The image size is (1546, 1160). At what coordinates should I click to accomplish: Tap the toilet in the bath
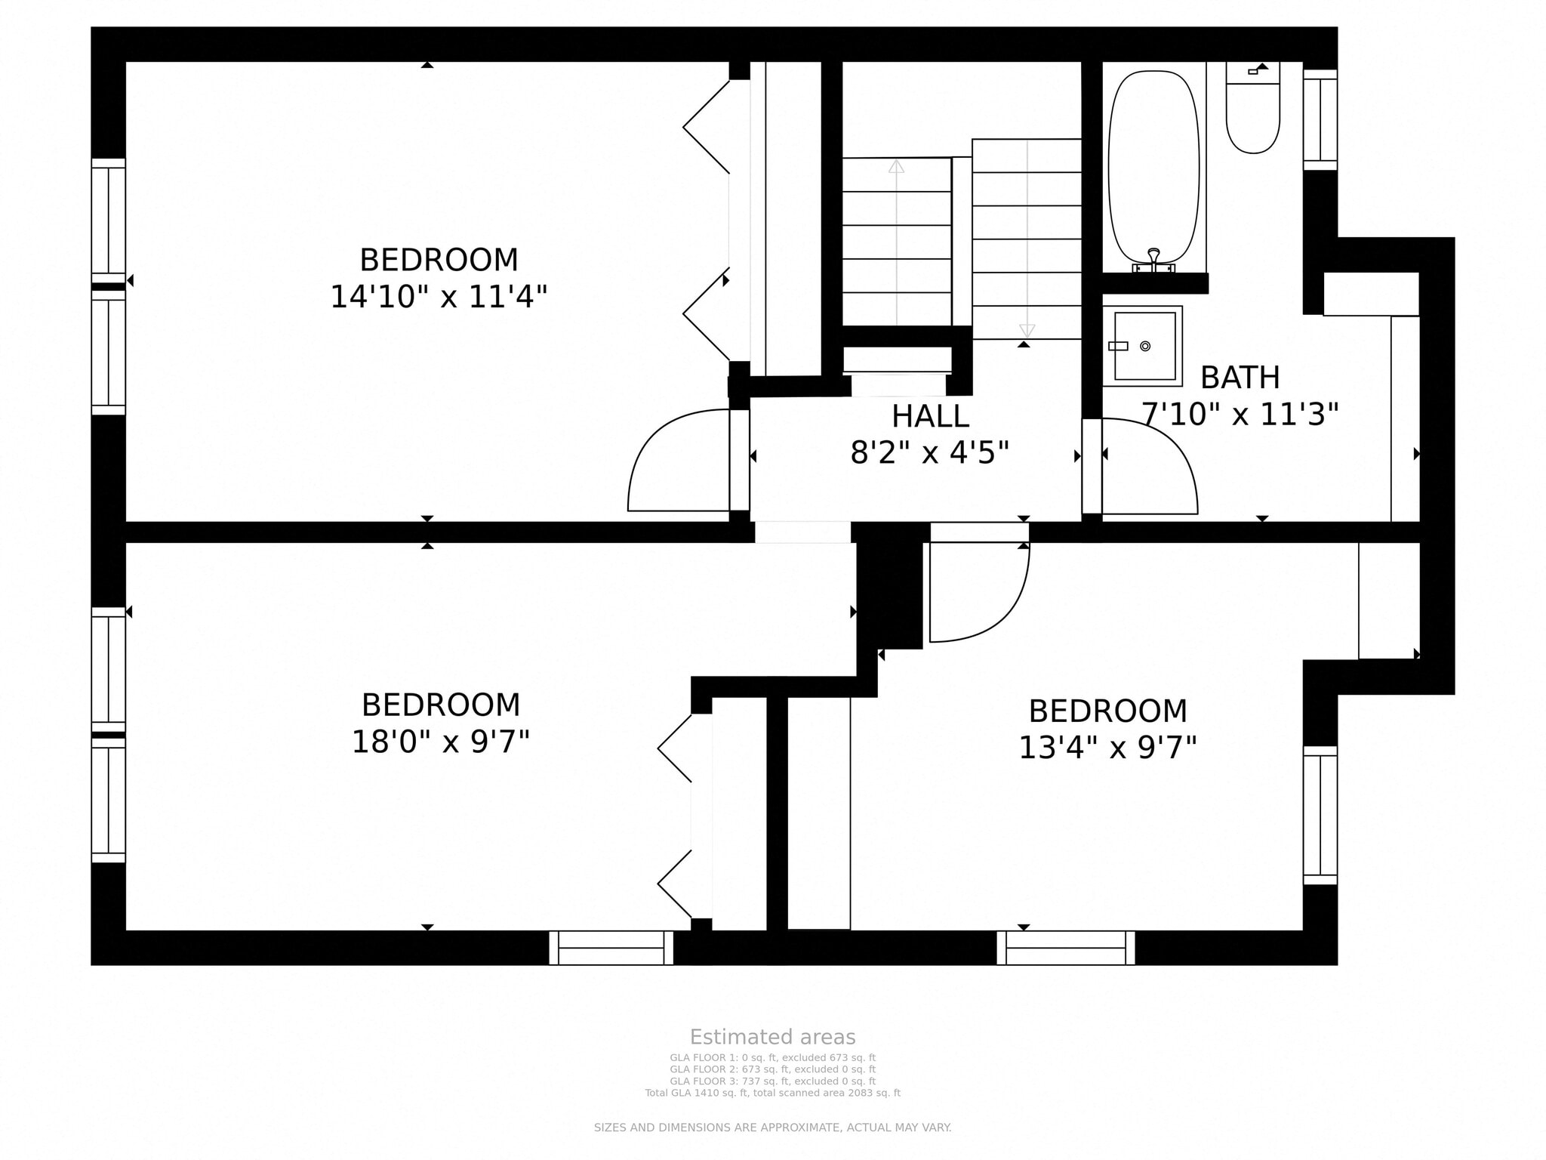click(1252, 113)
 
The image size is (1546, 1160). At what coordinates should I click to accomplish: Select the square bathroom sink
click(1144, 347)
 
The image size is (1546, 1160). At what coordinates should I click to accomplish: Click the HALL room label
click(930, 417)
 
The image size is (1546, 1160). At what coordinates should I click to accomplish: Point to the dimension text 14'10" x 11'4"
click(439, 297)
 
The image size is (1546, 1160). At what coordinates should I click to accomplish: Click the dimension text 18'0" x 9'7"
click(441, 742)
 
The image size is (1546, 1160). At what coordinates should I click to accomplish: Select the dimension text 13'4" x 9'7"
click(1107, 748)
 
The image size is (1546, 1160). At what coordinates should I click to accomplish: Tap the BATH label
click(1240, 378)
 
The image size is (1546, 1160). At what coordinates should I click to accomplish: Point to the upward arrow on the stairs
click(896, 166)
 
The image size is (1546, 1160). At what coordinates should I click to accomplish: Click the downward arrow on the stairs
click(1027, 330)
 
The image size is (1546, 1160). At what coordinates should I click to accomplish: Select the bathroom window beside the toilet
click(1320, 119)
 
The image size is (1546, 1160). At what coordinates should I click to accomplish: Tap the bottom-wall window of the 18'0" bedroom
click(611, 947)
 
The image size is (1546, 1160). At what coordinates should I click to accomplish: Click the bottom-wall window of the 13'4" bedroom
click(1065, 947)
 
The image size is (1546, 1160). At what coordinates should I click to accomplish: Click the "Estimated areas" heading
click(772, 1037)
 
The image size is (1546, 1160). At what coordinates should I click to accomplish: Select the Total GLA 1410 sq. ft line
click(772, 1093)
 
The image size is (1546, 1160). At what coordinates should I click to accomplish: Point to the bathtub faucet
click(1153, 259)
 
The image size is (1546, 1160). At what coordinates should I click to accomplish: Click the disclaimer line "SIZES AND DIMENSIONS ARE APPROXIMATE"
click(772, 1128)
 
